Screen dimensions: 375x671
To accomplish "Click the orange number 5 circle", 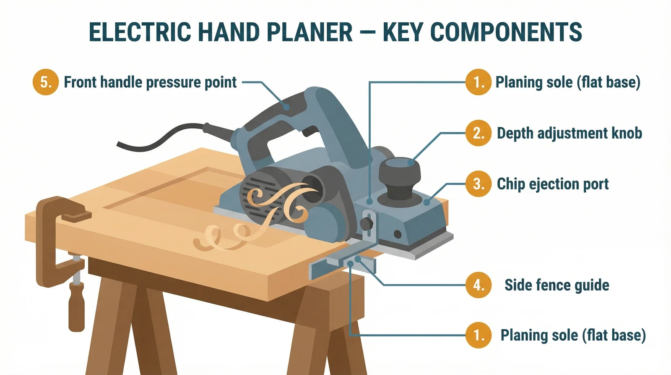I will click(45, 82).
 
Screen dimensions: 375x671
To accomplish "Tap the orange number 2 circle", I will click(478, 133).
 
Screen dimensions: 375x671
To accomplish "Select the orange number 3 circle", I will click(478, 184).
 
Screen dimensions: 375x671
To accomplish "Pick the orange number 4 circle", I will click(478, 285).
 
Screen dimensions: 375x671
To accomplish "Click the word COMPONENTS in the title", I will click(506, 32).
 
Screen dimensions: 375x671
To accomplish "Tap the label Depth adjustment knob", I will click(569, 133).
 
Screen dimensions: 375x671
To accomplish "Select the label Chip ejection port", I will click(552, 184).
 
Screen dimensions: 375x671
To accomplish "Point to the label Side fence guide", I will click(557, 285).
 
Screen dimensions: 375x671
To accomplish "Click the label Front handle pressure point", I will click(150, 82).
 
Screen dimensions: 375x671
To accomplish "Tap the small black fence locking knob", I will click(367, 223).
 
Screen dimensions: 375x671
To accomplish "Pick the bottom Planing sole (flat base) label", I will click(573, 336).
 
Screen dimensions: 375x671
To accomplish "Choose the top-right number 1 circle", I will click(478, 82).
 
